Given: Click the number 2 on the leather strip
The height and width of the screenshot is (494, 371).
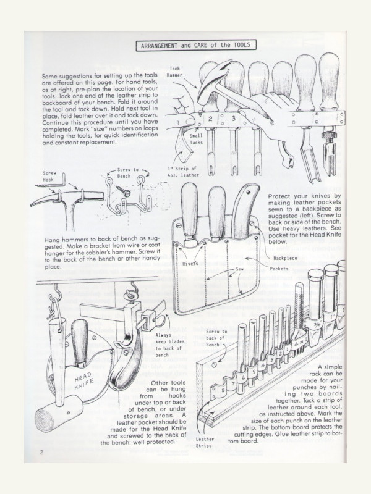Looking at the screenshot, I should coord(210,117).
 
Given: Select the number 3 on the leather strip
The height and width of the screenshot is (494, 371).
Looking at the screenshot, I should coord(233,117).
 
